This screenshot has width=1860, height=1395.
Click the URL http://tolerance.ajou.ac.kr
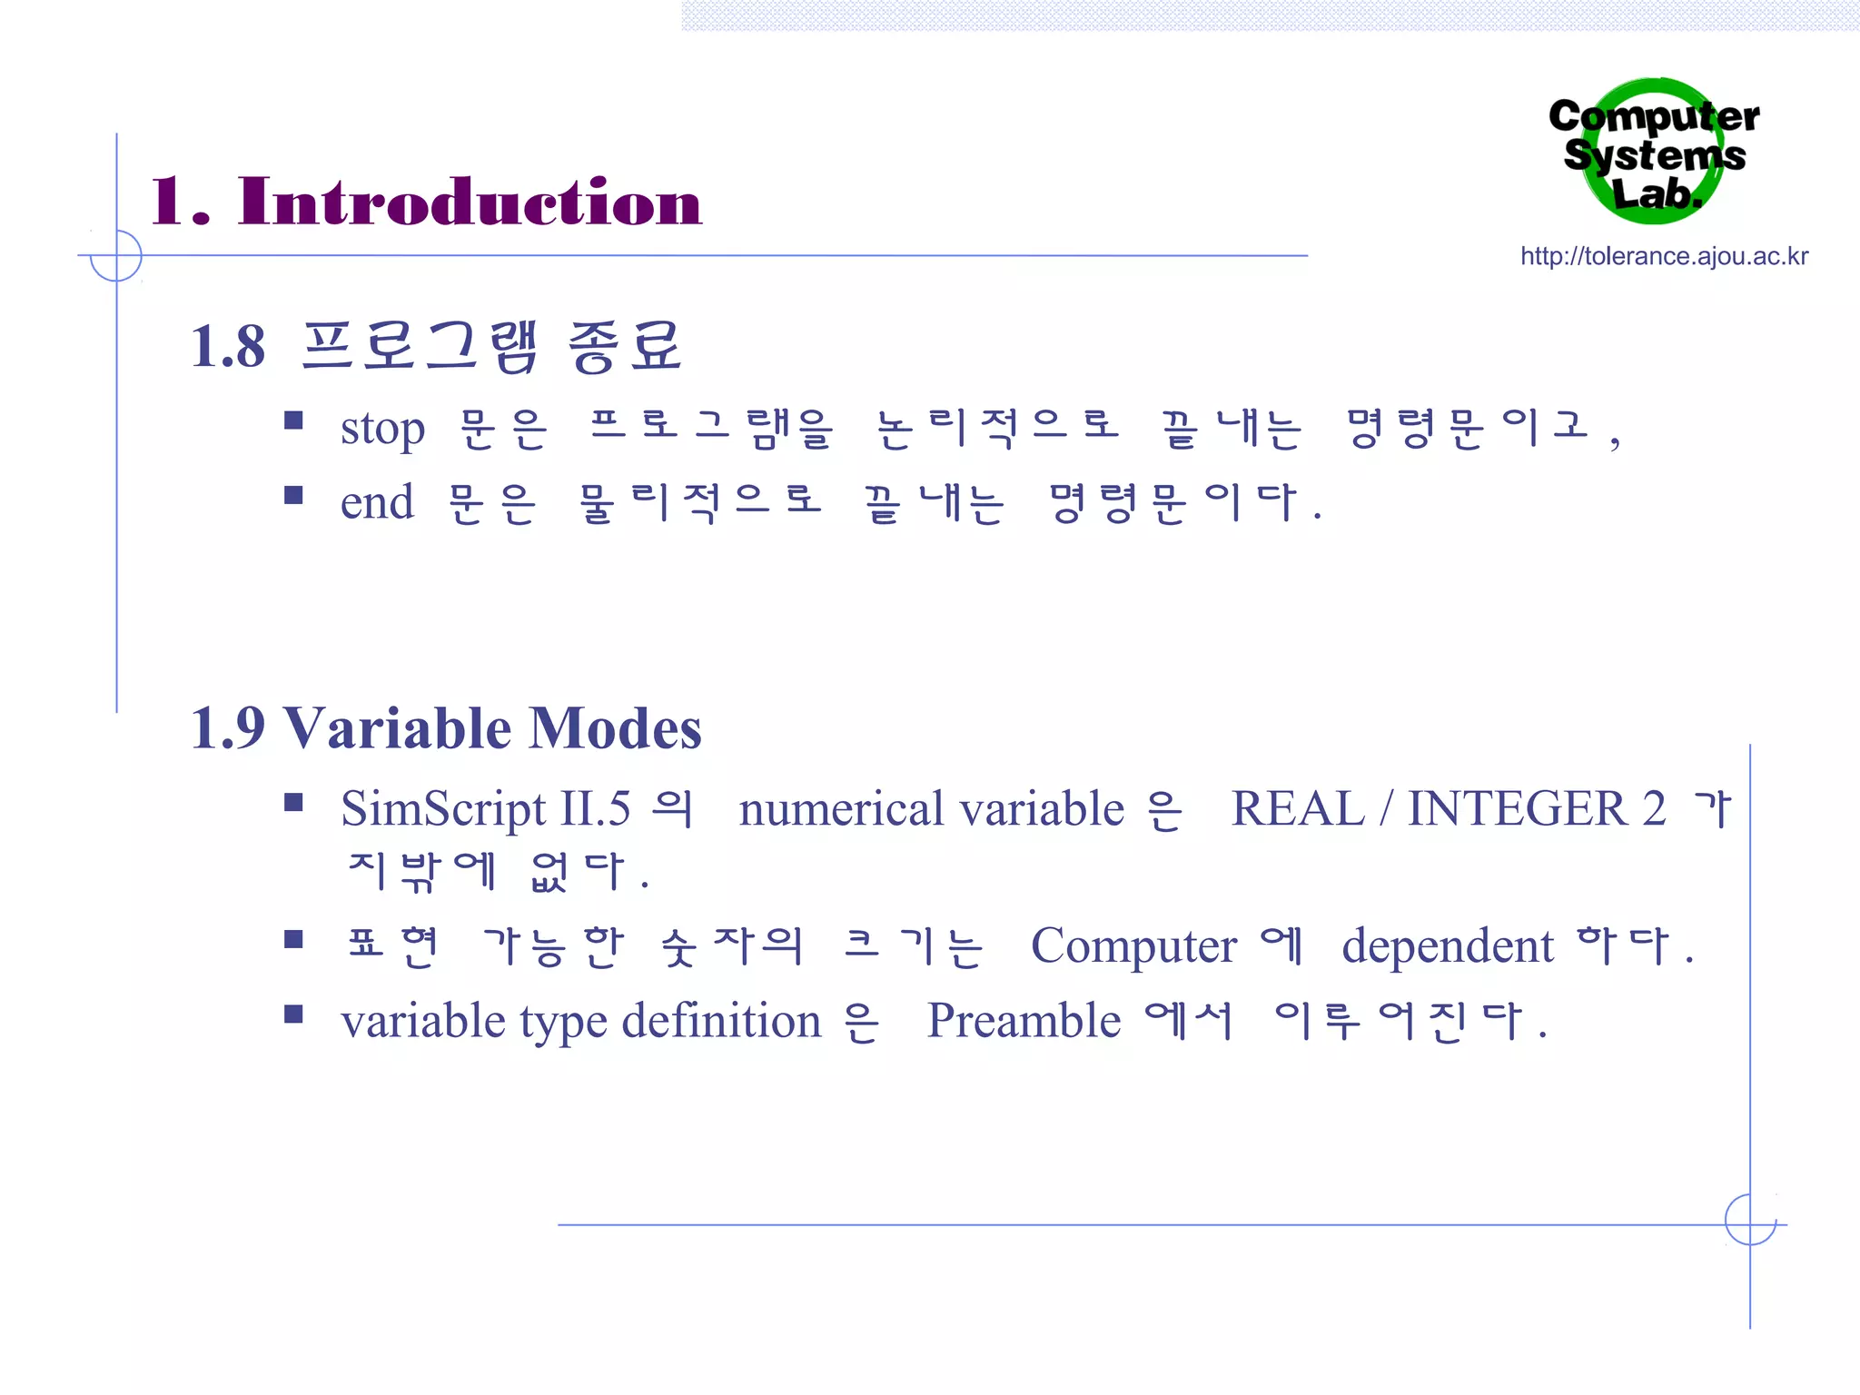click(x=1664, y=256)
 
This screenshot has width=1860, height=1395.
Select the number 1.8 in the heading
click(x=228, y=347)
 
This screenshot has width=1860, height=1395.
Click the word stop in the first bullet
click(x=382, y=429)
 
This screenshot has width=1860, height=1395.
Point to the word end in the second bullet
click(x=377, y=502)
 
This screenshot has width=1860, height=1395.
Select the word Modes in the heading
click(x=615, y=728)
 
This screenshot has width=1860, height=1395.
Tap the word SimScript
click(x=443, y=809)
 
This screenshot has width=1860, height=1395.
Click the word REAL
click(x=1297, y=808)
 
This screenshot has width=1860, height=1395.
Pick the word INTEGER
click(x=1517, y=808)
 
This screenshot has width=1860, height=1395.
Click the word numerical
click(x=841, y=809)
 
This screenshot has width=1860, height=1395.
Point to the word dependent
click(x=1448, y=946)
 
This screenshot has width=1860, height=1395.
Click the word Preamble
click(x=1024, y=1021)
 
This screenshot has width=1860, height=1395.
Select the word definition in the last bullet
click(x=721, y=1021)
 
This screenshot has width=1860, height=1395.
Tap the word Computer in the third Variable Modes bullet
click(x=1133, y=946)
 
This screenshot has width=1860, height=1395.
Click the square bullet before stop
click(x=292, y=420)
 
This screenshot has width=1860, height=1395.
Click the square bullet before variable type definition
click(x=292, y=1014)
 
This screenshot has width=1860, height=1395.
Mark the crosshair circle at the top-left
click(x=116, y=255)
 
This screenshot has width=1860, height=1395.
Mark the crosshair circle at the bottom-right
click(x=1750, y=1220)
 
